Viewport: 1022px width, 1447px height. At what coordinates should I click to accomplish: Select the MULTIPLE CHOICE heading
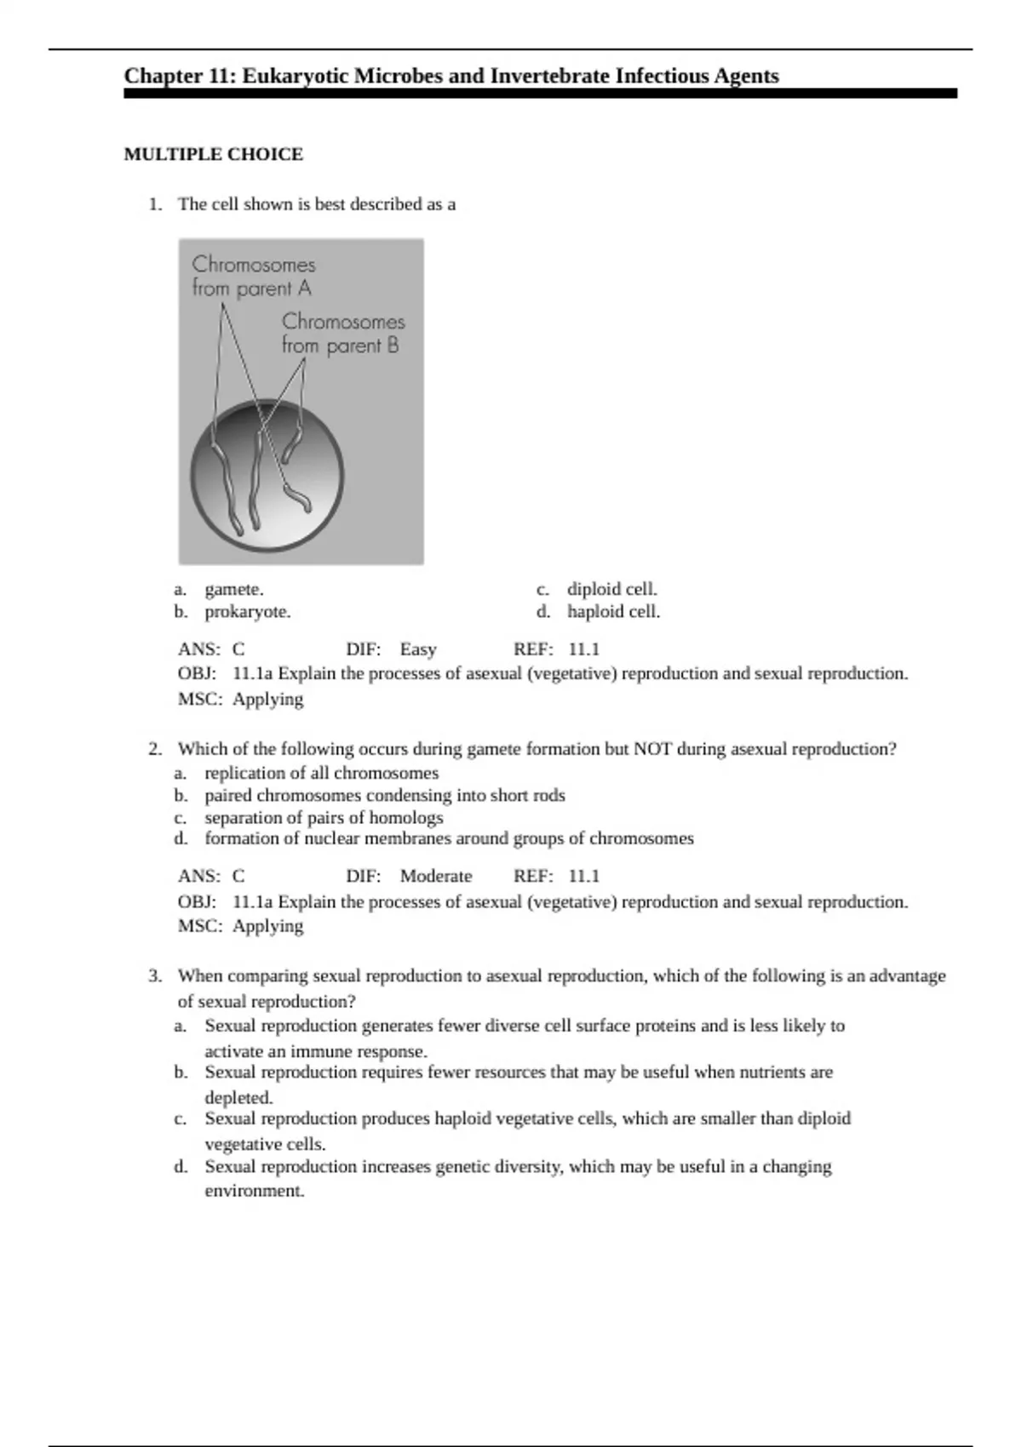tap(214, 154)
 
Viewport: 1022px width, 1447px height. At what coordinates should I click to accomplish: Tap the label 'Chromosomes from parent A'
tap(253, 277)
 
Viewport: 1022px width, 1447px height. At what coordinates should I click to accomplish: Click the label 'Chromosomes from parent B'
tap(342, 333)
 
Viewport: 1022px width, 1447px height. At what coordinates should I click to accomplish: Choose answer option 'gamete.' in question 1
tap(234, 589)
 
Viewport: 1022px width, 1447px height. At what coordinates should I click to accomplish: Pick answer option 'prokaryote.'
tap(247, 611)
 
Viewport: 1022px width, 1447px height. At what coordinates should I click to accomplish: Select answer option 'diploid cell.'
tap(612, 589)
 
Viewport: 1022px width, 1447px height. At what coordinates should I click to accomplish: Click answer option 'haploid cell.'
tap(613, 611)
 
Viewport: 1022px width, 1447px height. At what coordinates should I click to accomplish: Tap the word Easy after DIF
tap(418, 649)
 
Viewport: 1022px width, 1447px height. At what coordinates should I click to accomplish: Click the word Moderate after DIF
tap(436, 876)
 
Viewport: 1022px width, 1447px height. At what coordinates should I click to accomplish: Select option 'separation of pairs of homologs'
tap(324, 817)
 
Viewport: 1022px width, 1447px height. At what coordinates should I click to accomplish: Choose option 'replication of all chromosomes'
tap(321, 773)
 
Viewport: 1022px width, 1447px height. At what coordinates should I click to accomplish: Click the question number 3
tap(154, 975)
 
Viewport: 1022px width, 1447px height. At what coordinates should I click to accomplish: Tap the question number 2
tap(154, 749)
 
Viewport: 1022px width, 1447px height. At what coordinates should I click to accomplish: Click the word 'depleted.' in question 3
tap(238, 1097)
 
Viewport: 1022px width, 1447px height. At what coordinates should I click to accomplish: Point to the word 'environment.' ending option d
tap(254, 1191)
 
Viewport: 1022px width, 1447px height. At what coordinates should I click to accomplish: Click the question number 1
tap(154, 204)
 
